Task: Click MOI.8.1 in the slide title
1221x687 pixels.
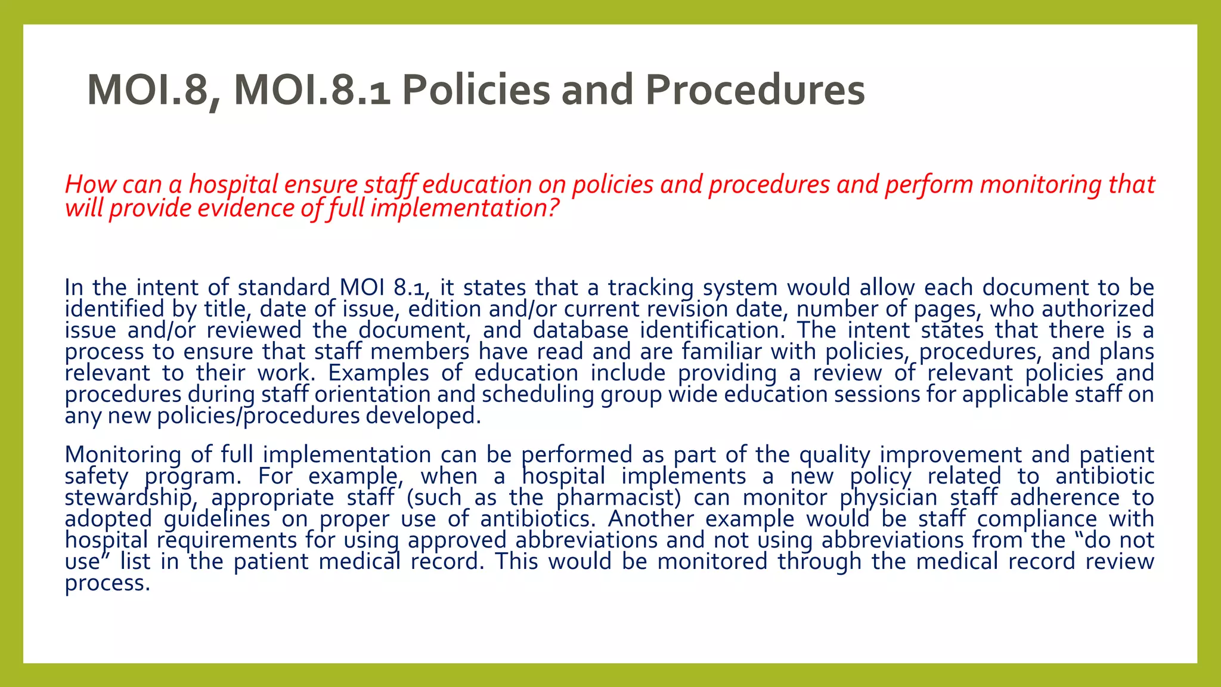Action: coord(312,91)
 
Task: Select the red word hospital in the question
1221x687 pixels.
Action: coord(233,185)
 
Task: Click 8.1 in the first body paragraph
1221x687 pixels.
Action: coord(412,288)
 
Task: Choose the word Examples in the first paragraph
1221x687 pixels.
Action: coord(378,373)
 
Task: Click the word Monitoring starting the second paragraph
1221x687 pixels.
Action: coord(123,455)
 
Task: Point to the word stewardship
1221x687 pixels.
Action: coord(130,498)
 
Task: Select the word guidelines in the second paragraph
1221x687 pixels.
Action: coord(217,519)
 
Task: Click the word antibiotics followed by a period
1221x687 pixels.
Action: coord(537,519)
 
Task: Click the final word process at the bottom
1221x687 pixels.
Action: coord(107,583)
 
